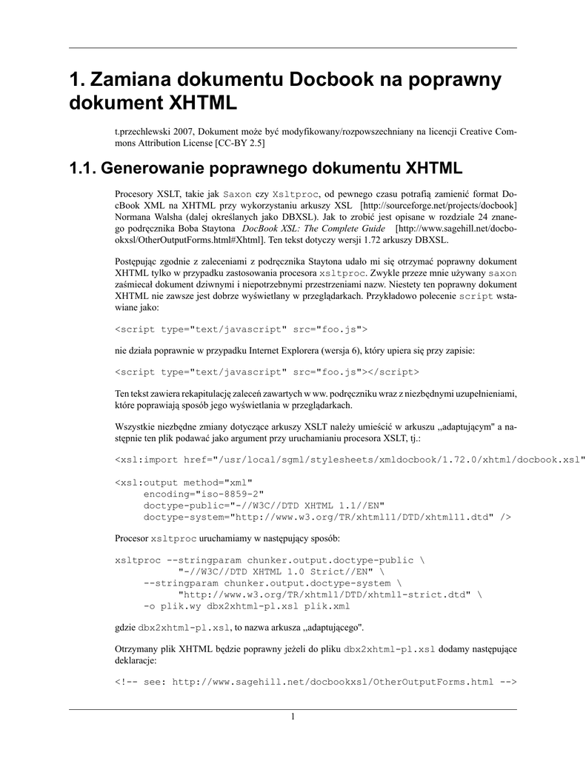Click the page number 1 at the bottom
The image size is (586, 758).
tap(293, 717)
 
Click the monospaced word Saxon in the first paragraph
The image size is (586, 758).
tap(238, 192)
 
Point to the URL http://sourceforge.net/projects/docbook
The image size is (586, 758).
tap(438, 204)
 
